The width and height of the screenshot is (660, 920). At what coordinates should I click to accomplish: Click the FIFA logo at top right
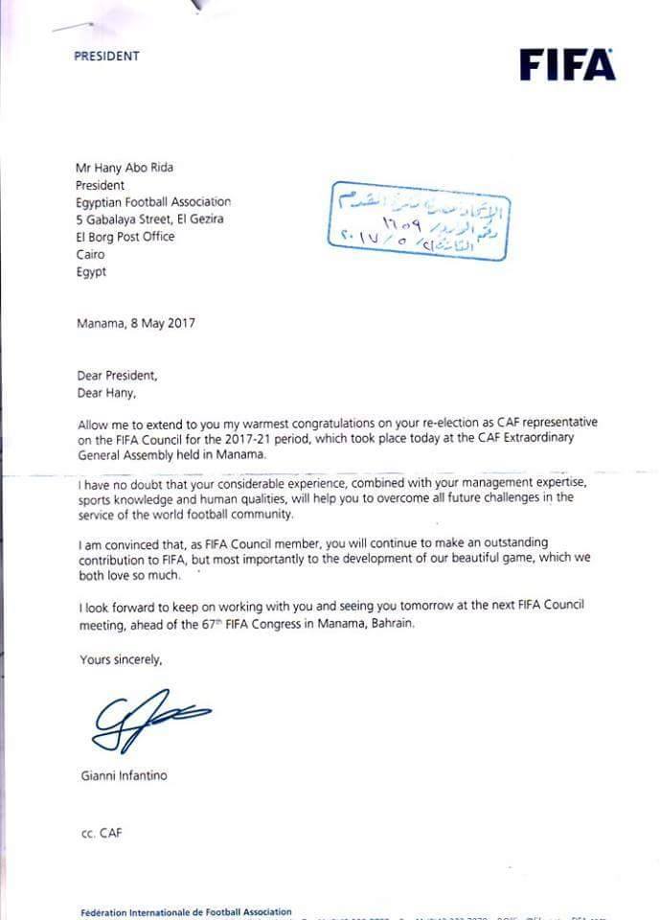(x=567, y=65)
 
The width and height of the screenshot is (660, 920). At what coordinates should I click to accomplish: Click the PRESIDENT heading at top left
(x=106, y=57)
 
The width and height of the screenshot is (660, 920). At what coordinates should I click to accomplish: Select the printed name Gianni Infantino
(x=123, y=775)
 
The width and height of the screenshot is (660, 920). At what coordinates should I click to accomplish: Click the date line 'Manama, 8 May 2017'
(x=135, y=323)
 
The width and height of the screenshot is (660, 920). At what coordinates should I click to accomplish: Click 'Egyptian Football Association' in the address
(x=153, y=202)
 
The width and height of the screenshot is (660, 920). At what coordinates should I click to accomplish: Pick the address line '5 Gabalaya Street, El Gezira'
(x=150, y=219)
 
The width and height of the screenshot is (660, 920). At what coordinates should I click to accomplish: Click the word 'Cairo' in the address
(x=91, y=255)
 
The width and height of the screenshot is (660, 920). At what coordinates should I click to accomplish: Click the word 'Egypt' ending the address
(x=91, y=272)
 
